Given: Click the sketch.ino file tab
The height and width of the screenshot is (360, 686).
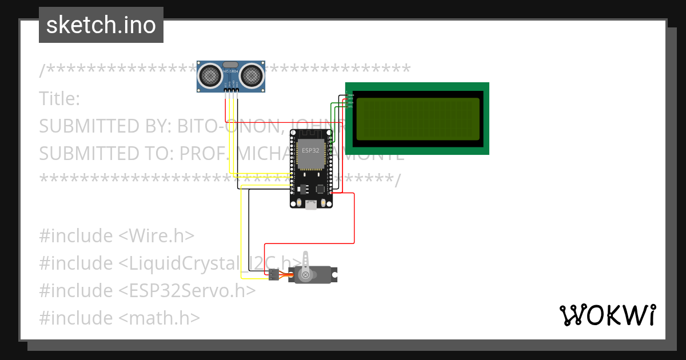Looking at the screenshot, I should click(x=101, y=25).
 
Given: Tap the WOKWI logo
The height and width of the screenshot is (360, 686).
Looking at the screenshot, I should click(x=607, y=315).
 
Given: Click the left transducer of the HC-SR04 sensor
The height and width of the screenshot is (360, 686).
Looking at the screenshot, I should click(x=211, y=75).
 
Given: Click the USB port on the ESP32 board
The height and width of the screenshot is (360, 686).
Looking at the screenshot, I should click(x=311, y=205).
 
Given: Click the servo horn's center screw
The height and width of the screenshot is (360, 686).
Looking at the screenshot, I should click(x=306, y=275).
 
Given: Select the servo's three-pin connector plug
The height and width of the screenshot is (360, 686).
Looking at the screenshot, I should click(x=274, y=275).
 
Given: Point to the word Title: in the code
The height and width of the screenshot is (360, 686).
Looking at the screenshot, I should click(x=59, y=99).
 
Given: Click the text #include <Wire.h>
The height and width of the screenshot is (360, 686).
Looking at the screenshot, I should click(x=117, y=236).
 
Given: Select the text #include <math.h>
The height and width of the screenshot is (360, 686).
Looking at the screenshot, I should click(x=119, y=318).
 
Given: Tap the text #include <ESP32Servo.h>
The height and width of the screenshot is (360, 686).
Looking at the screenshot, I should click(x=147, y=291).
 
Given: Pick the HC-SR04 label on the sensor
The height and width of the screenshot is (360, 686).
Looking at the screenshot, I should click(x=231, y=71).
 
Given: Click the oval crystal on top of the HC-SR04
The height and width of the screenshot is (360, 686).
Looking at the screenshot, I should click(x=231, y=64).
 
